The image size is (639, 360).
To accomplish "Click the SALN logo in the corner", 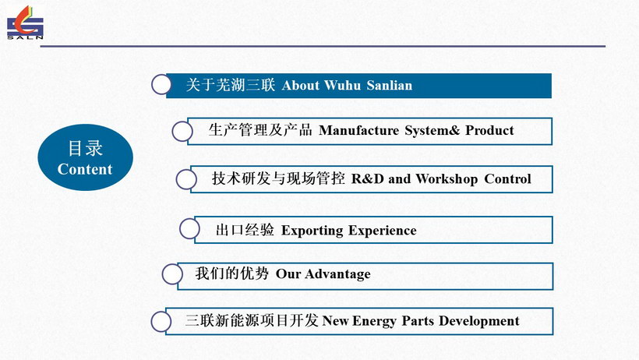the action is (25, 23).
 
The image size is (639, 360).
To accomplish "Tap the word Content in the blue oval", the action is (85, 169).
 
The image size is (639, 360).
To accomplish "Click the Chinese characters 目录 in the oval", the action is (85, 148).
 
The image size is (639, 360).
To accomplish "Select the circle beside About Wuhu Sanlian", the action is (161, 85).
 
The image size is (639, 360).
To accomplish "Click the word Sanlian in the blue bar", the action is (389, 85).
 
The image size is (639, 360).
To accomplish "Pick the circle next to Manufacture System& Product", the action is (182, 131).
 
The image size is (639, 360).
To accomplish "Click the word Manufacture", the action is (359, 130).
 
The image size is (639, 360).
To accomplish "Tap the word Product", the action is (489, 130).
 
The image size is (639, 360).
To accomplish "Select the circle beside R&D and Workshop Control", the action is (186, 179).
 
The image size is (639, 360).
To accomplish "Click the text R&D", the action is (368, 179).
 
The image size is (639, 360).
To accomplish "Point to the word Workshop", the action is (447, 179).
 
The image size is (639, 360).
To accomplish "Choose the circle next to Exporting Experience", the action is (189, 229).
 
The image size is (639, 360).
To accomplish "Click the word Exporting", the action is (312, 231).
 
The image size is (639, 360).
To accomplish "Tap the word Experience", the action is (383, 231).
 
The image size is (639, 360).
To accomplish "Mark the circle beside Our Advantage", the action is (172, 274).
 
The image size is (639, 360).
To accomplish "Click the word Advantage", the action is (338, 274).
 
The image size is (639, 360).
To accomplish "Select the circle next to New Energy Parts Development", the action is (161, 322).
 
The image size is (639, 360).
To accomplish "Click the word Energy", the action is (374, 321).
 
